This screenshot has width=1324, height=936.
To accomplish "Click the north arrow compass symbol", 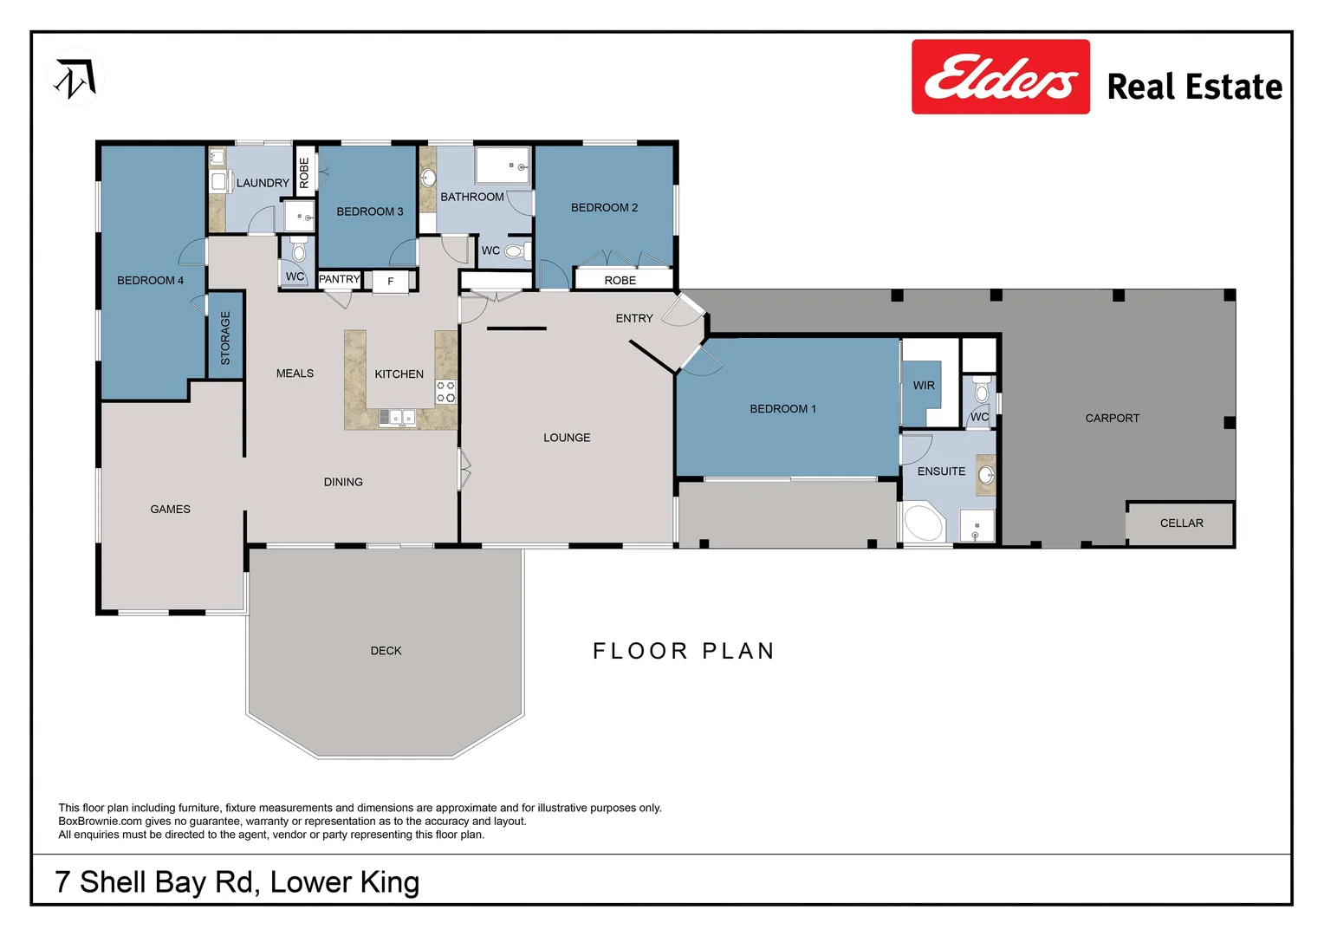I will click(75, 78).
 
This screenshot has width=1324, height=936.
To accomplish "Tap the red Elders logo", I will click(1000, 77).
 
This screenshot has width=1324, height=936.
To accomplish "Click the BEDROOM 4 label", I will click(150, 281).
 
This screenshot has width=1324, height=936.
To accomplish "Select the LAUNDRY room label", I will click(263, 183).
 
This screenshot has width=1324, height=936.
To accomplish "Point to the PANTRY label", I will click(339, 279).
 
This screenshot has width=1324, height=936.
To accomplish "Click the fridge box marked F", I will click(391, 281).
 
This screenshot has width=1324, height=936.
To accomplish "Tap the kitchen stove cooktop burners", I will click(445, 392).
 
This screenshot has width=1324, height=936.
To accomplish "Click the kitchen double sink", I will click(397, 418).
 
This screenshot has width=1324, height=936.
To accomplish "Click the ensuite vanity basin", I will click(985, 475).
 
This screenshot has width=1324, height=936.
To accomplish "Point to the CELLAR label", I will click(1181, 523).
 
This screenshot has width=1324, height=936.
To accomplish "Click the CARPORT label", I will click(1112, 419).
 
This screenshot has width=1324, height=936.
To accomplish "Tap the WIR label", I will click(924, 386).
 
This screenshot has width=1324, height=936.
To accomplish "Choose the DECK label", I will click(386, 651).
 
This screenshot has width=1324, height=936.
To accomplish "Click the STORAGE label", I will click(225, 338).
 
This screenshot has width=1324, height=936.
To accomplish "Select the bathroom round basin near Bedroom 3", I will click(428, 179).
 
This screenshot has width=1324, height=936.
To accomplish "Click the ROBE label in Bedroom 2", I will click(620, 281).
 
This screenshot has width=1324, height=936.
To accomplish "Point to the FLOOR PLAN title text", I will click(684, 651).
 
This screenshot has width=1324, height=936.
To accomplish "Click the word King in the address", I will click(390, 882).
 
